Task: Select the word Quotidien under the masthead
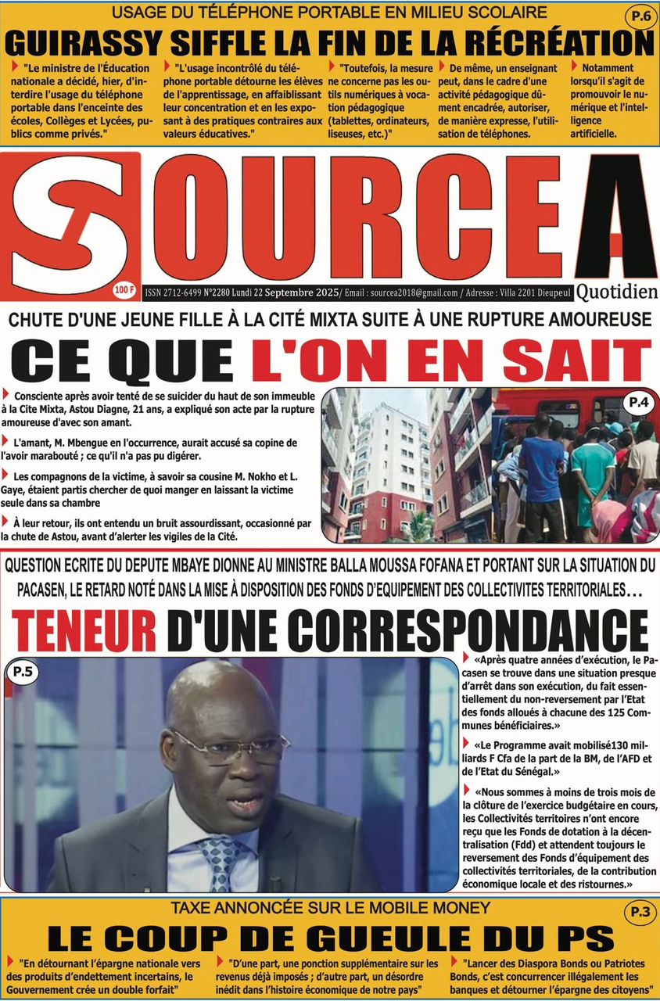coord(619,292)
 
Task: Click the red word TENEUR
coord(83,629)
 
